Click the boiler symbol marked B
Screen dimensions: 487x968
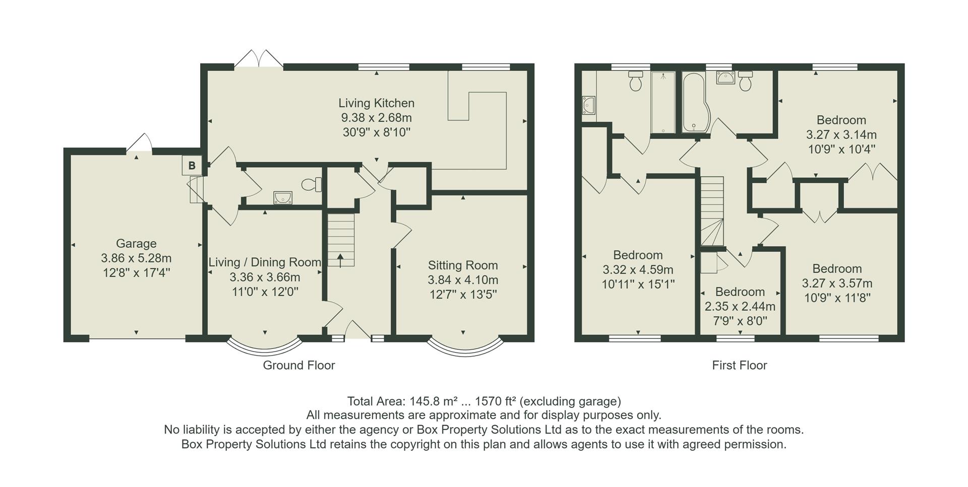pos(192,166)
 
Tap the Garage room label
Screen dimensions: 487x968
pos(136,244)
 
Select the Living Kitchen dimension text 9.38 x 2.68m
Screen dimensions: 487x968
pos(376,118)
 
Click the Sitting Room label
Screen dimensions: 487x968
pos(463,265)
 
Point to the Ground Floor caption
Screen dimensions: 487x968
pos(298,366)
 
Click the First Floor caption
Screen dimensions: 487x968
pos(739,366)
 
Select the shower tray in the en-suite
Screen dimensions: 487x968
pos(663,103)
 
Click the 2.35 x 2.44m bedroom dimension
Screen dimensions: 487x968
pos(740,307)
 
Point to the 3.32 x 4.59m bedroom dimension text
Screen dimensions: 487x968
pos(638,270)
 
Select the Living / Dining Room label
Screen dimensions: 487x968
pos(265,262)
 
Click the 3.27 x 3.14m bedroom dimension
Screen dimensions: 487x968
pos(841,135)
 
